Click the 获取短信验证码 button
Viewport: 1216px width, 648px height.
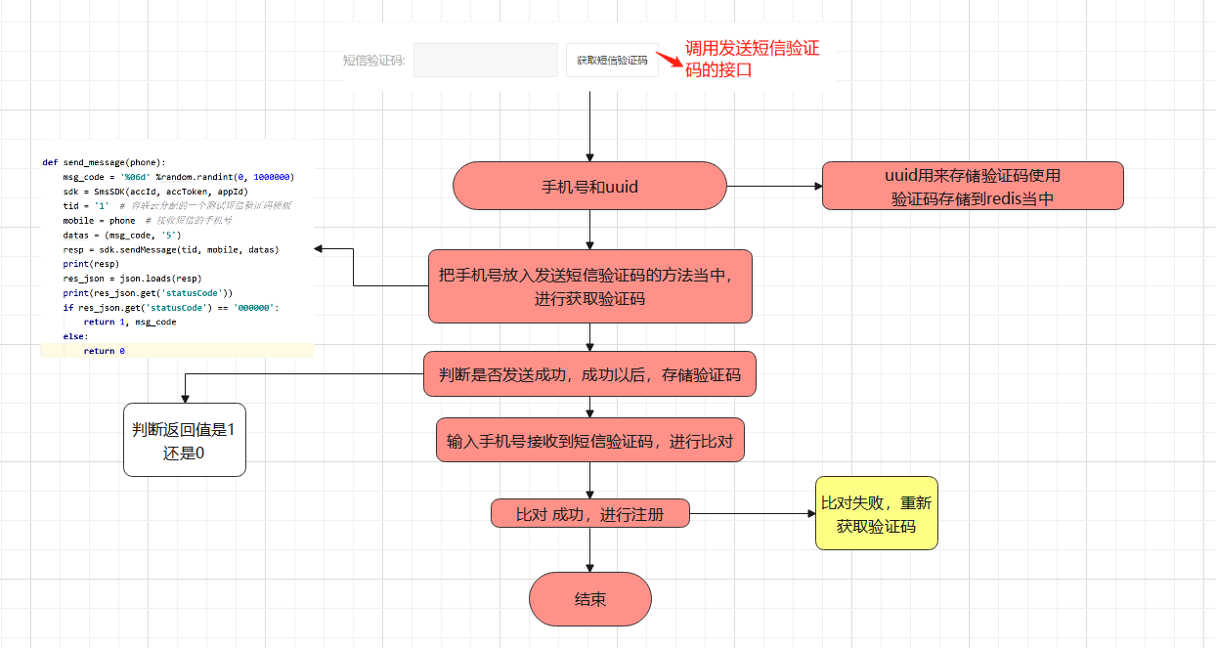click(612, 60)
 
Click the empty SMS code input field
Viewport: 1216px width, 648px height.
click(485, 60)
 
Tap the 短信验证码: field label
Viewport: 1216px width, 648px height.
click(373, 61)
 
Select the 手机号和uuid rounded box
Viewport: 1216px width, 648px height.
click(589, 186)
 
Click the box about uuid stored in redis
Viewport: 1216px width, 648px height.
click(973, 186)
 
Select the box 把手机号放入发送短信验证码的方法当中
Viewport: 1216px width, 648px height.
click(589, 285)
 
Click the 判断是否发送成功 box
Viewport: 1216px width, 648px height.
click(589, 374)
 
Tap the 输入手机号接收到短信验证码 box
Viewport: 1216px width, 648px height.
click(589, 441)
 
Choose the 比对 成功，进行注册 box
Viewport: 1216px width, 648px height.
click(589, 513)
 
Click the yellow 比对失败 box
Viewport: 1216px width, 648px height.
click(876, 513)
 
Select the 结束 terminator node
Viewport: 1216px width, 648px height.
click(589, 599)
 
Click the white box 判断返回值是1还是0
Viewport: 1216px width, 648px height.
click(184, 440)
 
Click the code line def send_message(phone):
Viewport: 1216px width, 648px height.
click(104, 162)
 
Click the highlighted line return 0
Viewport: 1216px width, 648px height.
click(104, 350)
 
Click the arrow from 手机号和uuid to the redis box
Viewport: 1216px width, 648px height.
click(772, 186)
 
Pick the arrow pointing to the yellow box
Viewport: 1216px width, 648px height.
click(753, 513)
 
